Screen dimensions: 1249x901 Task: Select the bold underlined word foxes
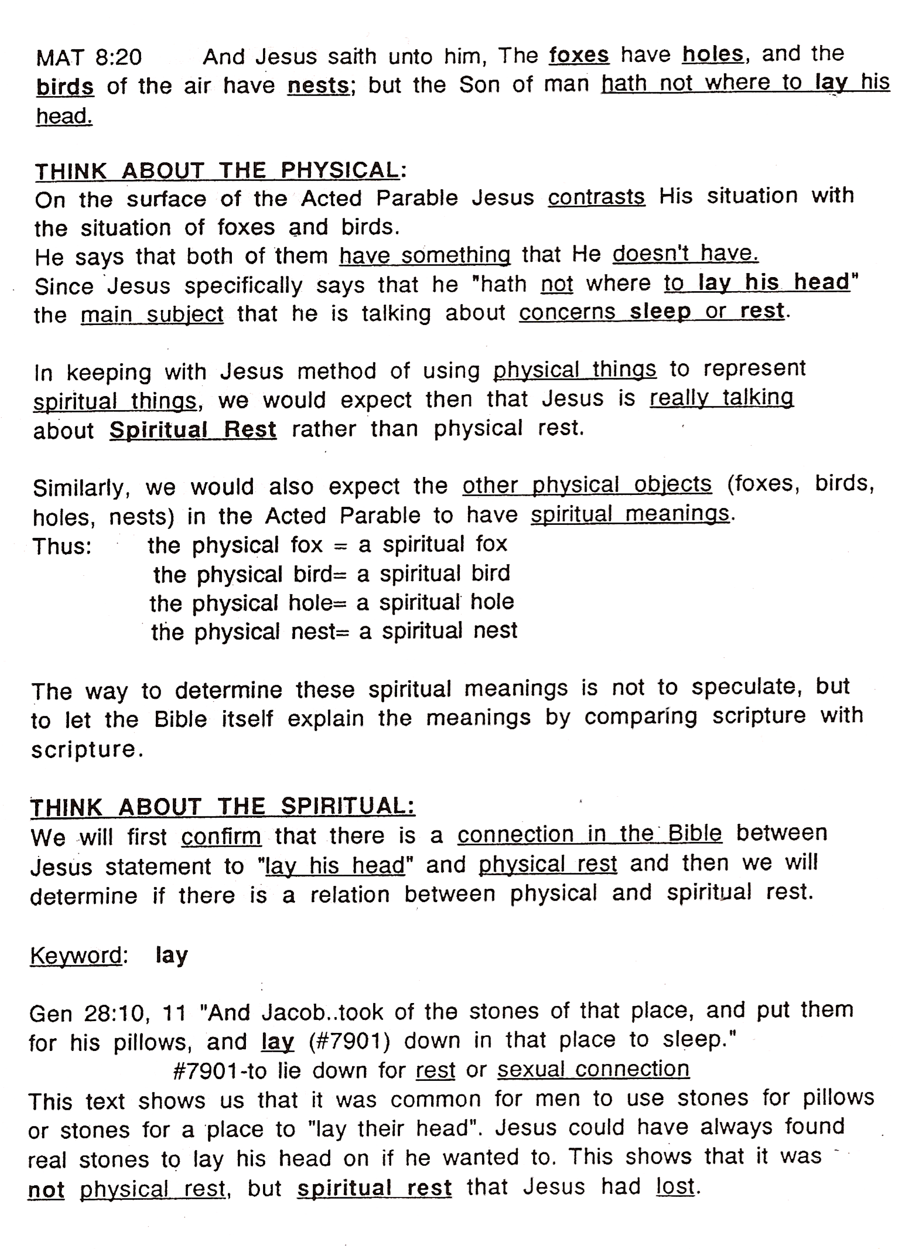click(578, 55)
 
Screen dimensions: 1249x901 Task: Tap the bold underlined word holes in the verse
click(713, 54)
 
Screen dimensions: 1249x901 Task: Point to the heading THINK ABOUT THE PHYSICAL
click(217, 171)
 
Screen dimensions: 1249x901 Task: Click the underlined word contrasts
click(596, 197)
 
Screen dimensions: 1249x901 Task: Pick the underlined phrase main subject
click(152, 314)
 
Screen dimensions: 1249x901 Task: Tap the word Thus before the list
click(61, 547)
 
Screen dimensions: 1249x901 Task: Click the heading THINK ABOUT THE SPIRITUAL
click(222, 807)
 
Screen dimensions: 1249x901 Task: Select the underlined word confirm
click(221, 837)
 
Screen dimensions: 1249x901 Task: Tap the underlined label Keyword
click(76, 956)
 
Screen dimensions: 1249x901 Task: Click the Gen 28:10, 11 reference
click(108, 1013)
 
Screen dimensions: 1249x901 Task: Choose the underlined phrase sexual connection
click(593, 1069)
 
